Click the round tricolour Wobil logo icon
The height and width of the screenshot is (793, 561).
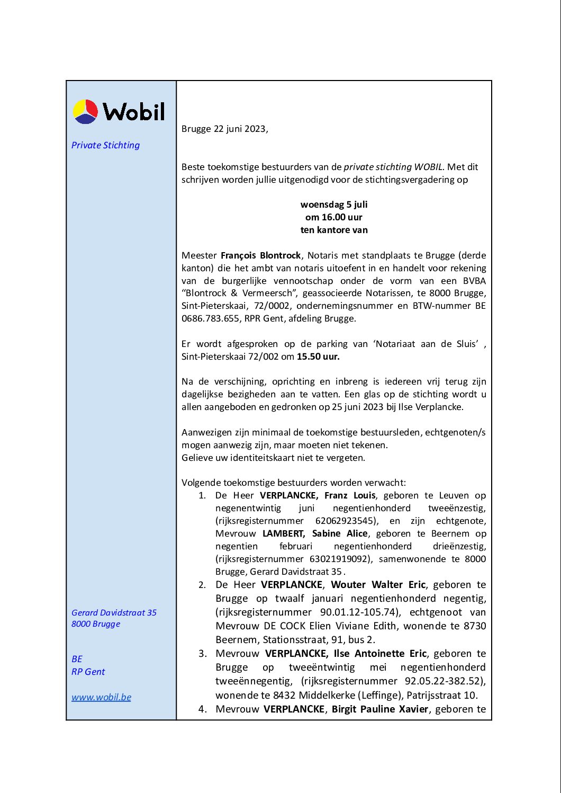[85, 111]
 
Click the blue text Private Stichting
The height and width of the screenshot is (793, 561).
[105, 145]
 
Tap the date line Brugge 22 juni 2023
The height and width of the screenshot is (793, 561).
[224, 129]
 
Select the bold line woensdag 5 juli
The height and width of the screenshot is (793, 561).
[334, 204]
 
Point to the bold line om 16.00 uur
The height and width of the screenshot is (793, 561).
[334, 217]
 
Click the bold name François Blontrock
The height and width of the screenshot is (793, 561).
[260, 255]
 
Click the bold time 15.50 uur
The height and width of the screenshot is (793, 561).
[318, 357]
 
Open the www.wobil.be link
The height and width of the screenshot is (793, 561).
[101, 697]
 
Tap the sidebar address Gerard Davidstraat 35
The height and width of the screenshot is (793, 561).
[114, 612]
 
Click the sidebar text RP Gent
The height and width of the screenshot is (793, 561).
[88, 672]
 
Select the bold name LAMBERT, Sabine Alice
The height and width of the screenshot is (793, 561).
[315, 533]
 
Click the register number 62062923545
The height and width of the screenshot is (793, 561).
[347, 521]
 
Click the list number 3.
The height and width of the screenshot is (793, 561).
[202, 654]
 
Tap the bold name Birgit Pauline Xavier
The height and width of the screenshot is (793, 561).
[380, 709]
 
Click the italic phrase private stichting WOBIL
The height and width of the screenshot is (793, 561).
[393, 167]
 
